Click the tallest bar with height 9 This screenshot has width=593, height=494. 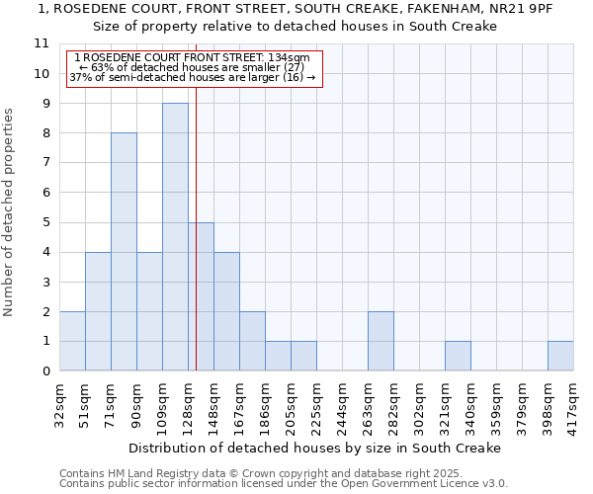point(175,237)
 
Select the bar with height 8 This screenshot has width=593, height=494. point(124,252)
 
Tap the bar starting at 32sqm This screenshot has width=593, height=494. point(72,341)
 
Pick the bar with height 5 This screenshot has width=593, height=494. point(201,296)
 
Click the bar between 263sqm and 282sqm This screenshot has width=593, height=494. point(381,341)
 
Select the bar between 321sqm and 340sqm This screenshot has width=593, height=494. point(458,356)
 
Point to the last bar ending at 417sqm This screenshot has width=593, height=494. point(560,356)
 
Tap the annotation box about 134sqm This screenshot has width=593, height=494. point(194,68)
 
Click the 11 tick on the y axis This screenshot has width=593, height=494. point(42,43)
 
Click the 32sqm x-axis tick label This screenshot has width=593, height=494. point(60,402)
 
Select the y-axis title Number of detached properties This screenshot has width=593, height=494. point(9,212)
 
